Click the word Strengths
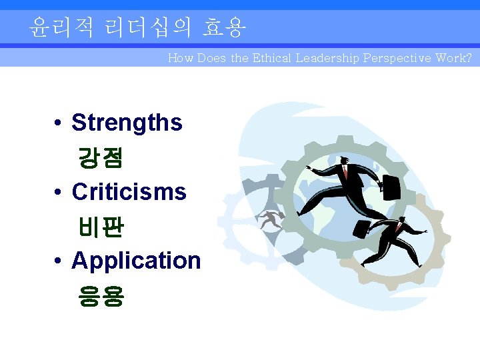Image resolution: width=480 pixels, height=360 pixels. pyautogui.click(x=127, y=123)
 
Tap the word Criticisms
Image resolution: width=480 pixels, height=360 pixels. pyautogui.click(x=129, y=192)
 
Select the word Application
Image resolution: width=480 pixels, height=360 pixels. pyautogui.click(x=136, y=260)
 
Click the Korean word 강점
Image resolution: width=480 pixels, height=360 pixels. pyautogui.click(x=101, y=158)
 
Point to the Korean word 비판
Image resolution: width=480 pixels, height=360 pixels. pyautogui.click(x=101, y=227)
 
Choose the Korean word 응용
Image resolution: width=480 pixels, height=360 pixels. pyautogui.click(x=101, y=295)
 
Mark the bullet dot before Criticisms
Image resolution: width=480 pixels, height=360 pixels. pyautogui.click(x=59, y=193)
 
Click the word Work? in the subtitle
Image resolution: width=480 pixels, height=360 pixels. pyautogui.click(x=453, y=58)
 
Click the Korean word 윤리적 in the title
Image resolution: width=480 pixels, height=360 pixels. pyautogui.click(x=61, y=27)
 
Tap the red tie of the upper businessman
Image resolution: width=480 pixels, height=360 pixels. pyautogui.click(x=346, y=173)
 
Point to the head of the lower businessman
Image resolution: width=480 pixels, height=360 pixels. pyautogui.click(x=401, y=219)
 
